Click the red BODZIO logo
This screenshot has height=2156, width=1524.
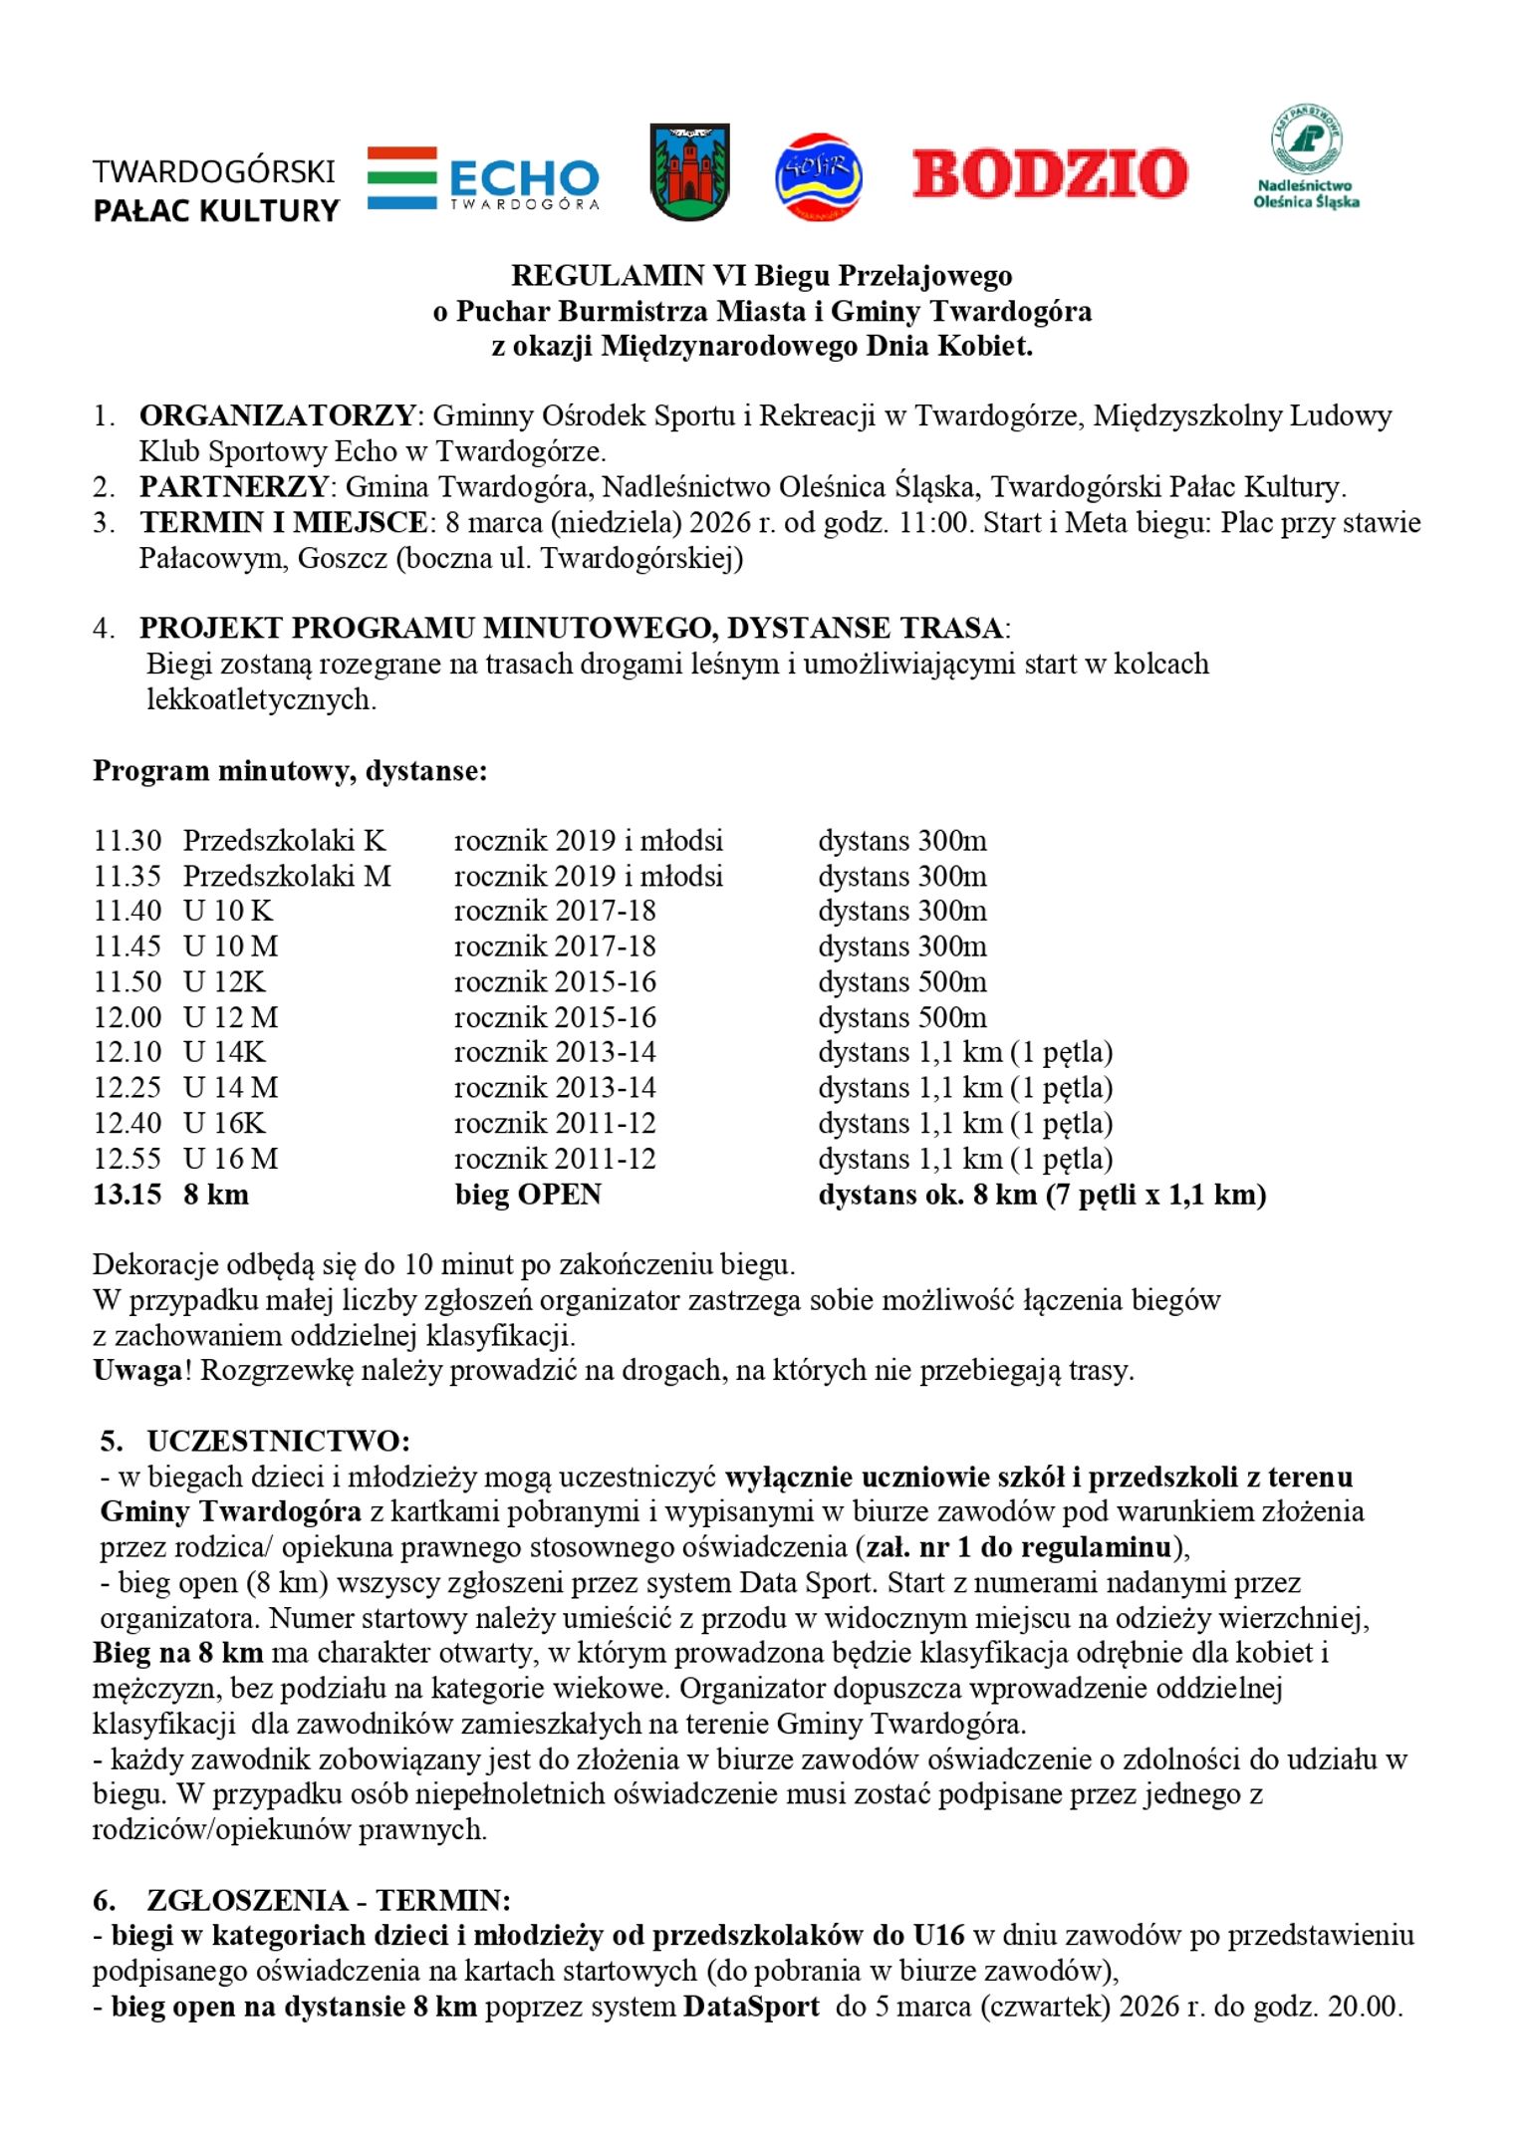(x=1049, y=173)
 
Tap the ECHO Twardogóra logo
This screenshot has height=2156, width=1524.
(x=484, y=178)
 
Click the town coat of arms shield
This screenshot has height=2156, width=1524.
(x=689, y=171)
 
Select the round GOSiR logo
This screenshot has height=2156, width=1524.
(x=818, y=176)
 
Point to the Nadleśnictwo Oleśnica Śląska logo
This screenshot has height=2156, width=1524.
(x=1306, y=156)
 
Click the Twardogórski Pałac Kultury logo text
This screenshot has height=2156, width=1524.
(x=215, y=190)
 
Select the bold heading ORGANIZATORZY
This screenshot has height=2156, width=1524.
(x=277, y=415)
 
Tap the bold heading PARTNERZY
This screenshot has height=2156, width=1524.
(x=233, y=487)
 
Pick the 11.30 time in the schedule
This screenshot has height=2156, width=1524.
(x=127, y=841)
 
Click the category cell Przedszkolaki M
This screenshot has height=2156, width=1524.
(x=287, y=877)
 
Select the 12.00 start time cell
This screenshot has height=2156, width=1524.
(x=127, y=1017)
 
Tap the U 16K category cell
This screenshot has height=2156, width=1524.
(x=224, y=1124)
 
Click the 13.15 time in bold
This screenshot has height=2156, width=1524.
(x=127, y=1195)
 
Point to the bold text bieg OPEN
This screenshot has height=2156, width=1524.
(x=528, y=1195)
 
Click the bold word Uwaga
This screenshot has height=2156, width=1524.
(x=137, y=1371)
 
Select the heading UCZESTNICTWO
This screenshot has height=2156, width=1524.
(x=278, y=1442)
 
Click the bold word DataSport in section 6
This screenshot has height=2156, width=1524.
(x=751, y=2007)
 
